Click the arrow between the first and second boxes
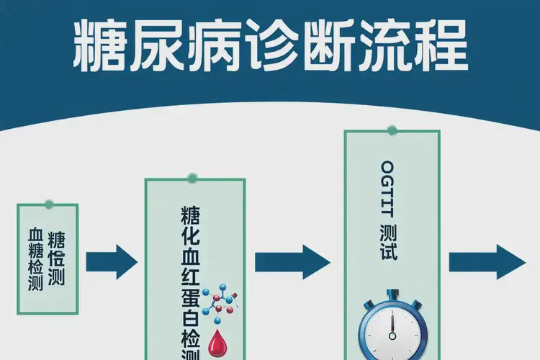(x=111, y=261)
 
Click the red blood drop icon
(x=217, y=342)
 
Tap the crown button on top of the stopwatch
(x=392, y=294)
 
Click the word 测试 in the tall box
(x=390, y=243)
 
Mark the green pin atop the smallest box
(x=48, y=204)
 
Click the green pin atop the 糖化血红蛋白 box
(x=192, y=179)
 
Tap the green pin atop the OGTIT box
(x=391, y=130)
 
